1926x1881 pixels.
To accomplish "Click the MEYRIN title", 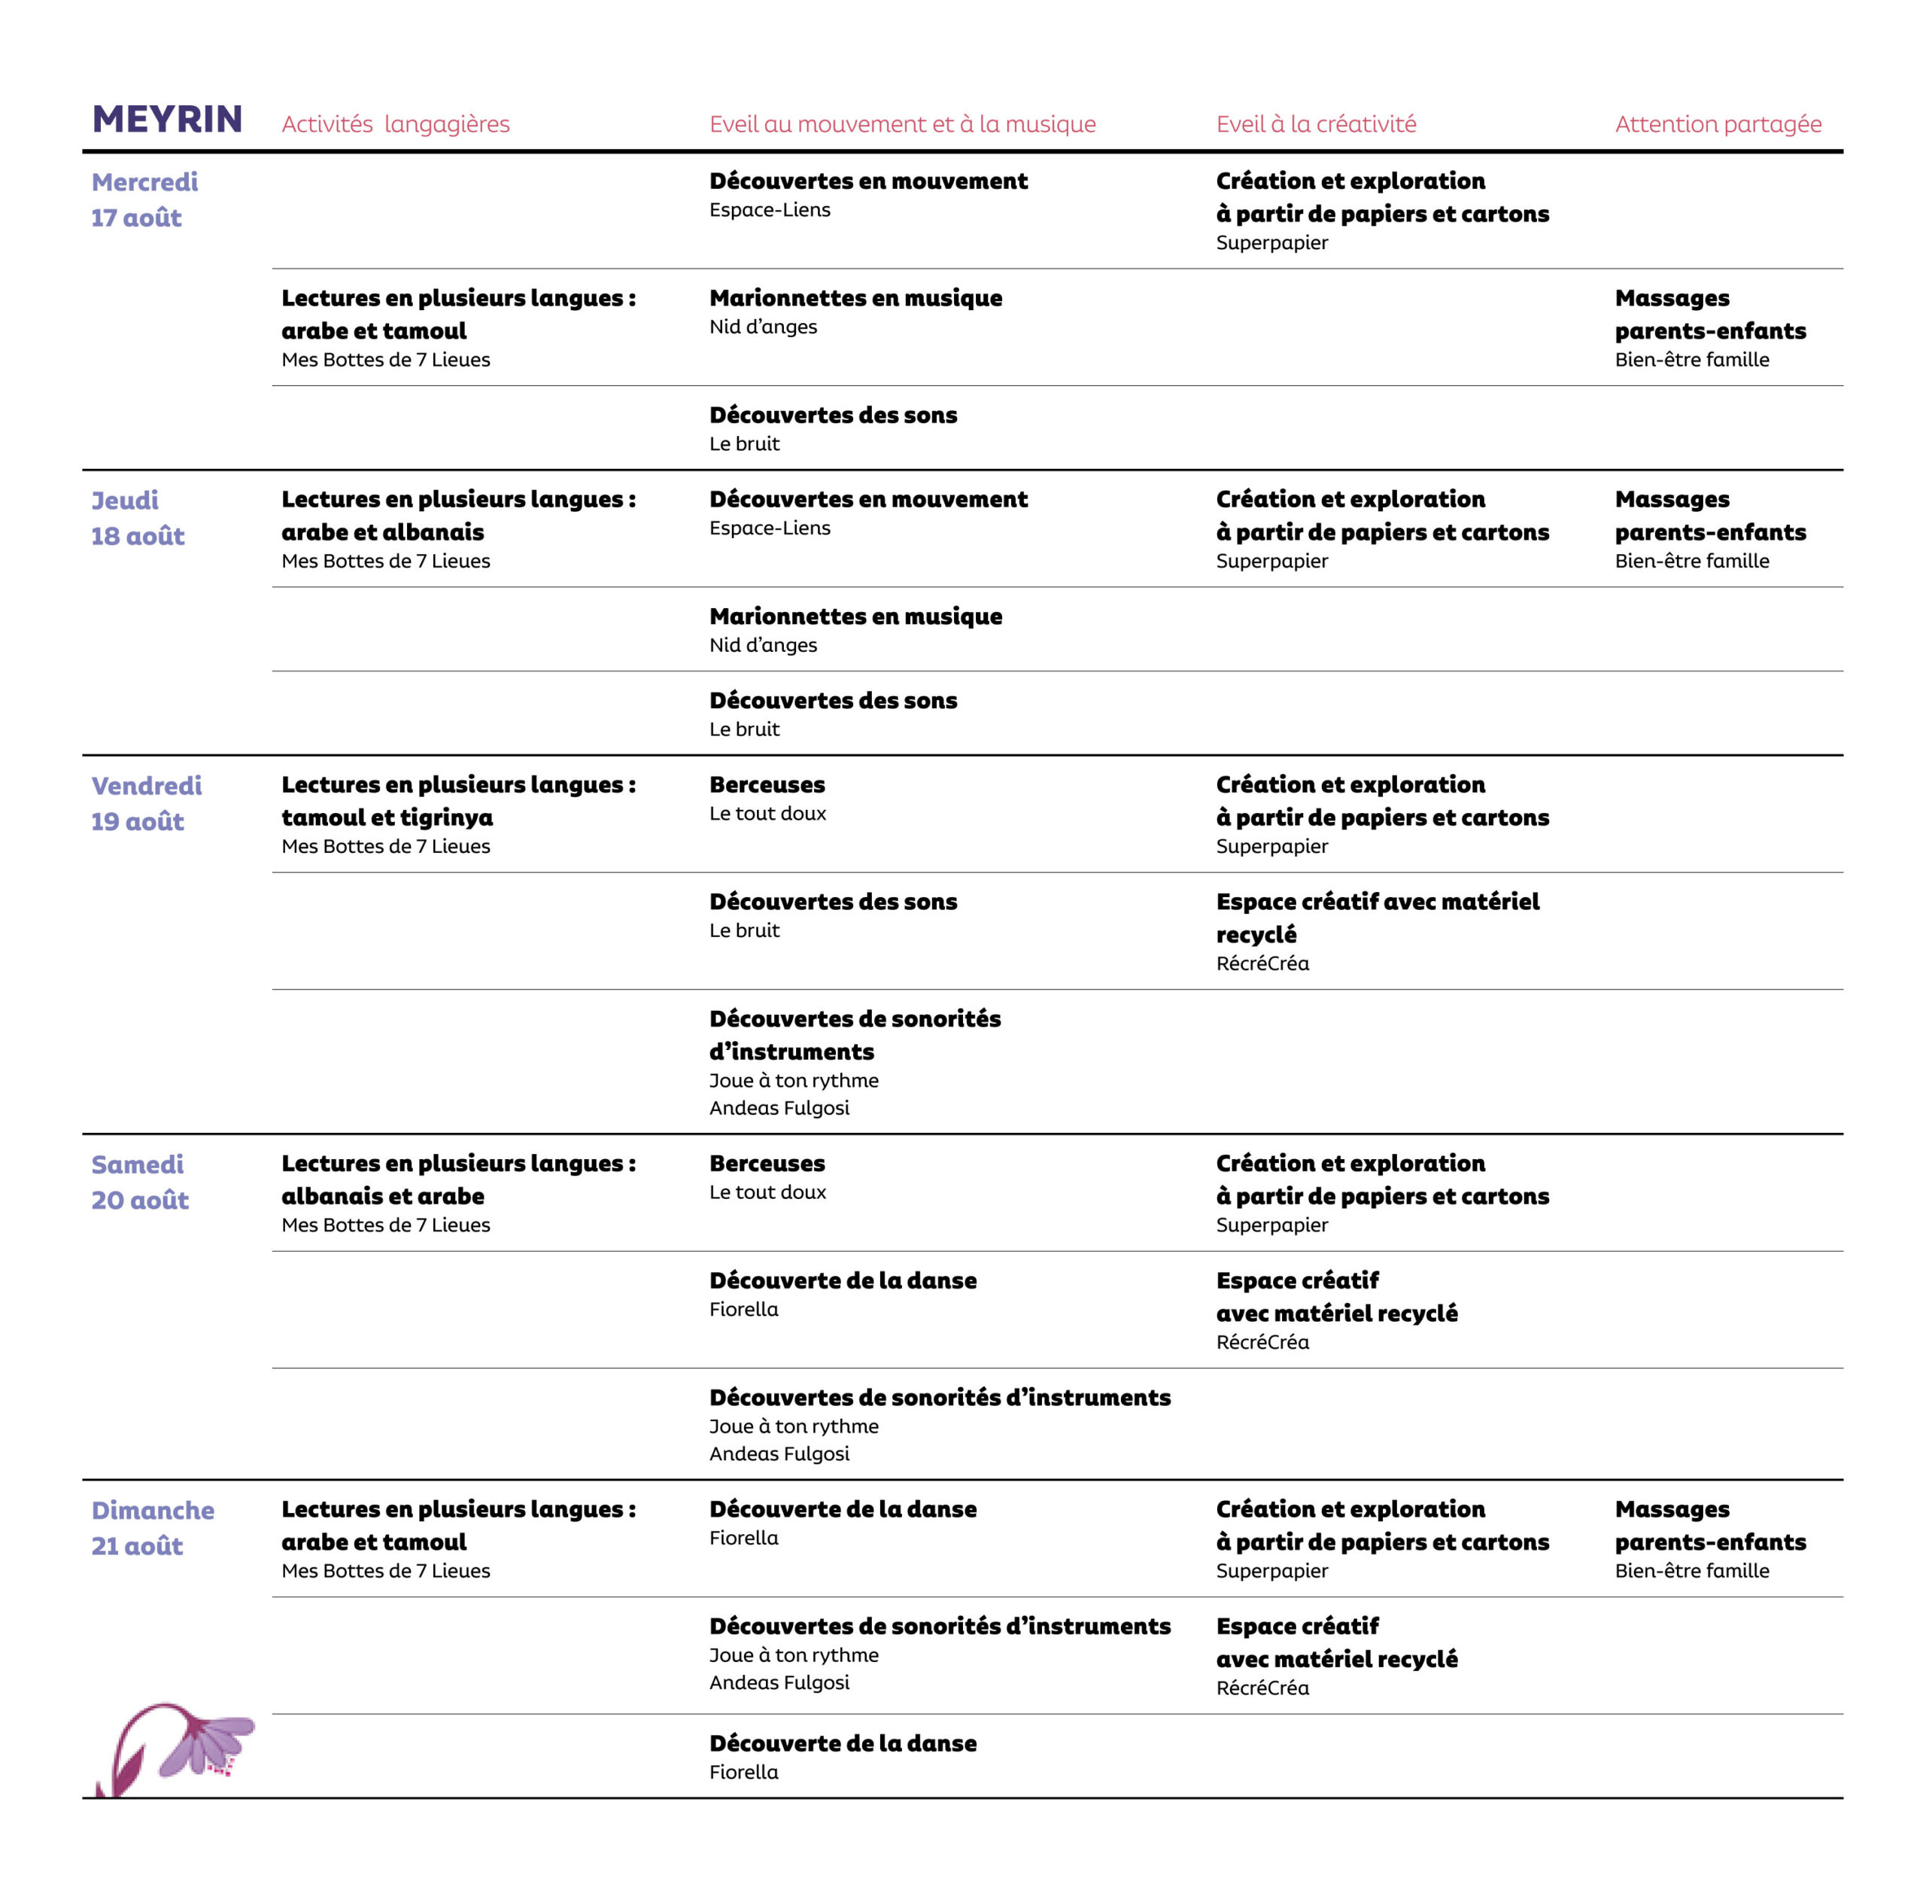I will (x=167, y=120).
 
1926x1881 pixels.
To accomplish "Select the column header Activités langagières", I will (x=395, y=124).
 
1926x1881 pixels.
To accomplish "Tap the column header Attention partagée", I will (x=1718, y=124).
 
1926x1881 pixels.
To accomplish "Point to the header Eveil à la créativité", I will (x=1316, y=124).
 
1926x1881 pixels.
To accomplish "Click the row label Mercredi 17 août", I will (x=144, y=199).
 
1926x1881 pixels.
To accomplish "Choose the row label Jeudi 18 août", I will (x=137, y=518).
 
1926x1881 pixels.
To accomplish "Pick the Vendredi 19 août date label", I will (x=146, y=803).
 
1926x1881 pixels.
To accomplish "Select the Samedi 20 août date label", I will (x=139, y=1182).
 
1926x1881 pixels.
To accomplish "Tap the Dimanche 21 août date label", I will (x=152, y=1527).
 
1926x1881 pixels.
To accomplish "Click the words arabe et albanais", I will (x=382, y=532).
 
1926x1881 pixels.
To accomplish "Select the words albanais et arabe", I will (x=382, y=1196).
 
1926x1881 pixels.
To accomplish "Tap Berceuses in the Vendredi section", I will (x=767, y=785).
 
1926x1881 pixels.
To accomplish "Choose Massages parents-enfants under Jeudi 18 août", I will (x=1709, y=516).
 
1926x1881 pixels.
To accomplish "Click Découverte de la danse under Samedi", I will (x=843, y=1281).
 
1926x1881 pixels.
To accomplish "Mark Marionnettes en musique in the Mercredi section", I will (x=855, y=298).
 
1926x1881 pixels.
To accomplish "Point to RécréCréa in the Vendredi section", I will (x=1262, y=963).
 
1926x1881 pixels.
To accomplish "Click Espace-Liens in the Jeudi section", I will (x=770, y=528).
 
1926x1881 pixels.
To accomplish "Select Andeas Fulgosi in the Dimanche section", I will (x=779, y=1682).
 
